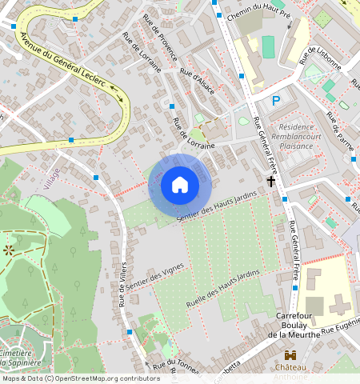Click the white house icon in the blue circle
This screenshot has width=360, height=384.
coord(180,185)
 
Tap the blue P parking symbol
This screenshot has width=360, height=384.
coord(276,101)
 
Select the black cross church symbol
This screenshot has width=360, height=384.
coord(271,182)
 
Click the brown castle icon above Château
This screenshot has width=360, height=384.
coord(290,354)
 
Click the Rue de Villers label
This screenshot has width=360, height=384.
coord(125,284)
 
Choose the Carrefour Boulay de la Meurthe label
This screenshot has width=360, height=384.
coord(298,325)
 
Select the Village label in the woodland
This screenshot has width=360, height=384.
coord(53,174)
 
